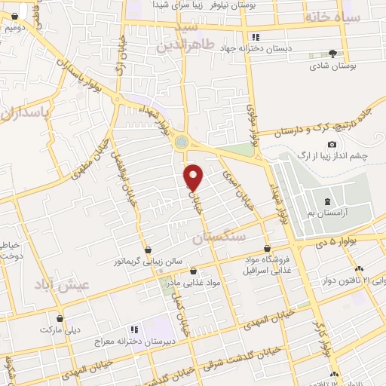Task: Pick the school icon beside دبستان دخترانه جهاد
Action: tap(255, 37)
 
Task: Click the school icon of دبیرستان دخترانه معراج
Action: tap(133, 329)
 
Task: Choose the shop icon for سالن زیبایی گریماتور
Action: tap(149, 250)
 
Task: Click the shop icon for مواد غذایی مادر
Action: tap(194, 270)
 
